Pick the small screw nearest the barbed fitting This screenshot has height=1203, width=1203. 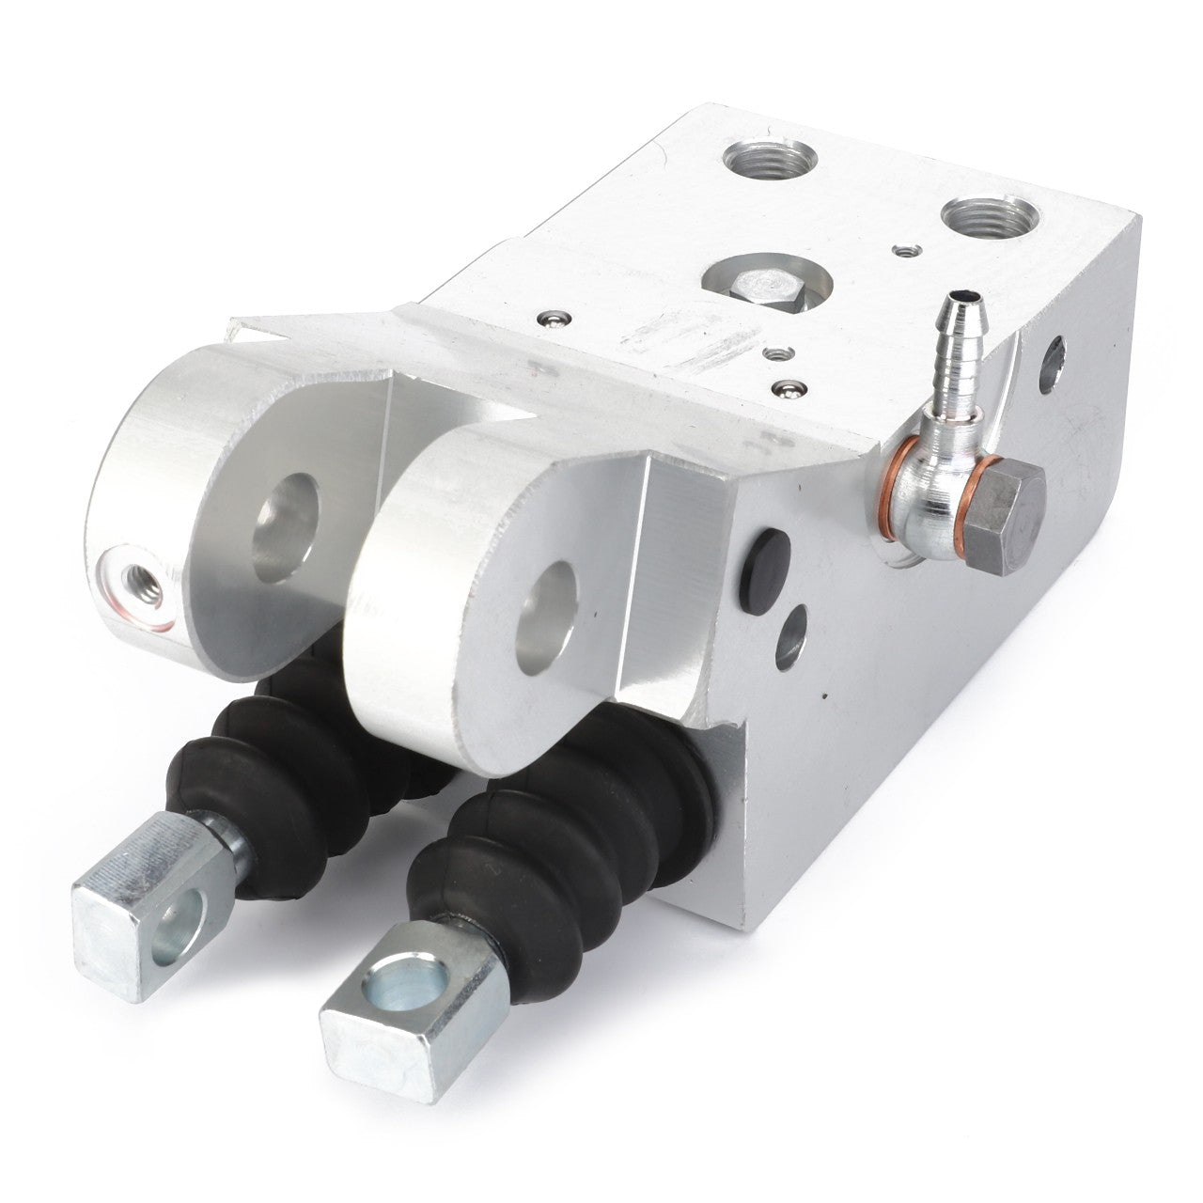pyautogui.click(x=788, y=387)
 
